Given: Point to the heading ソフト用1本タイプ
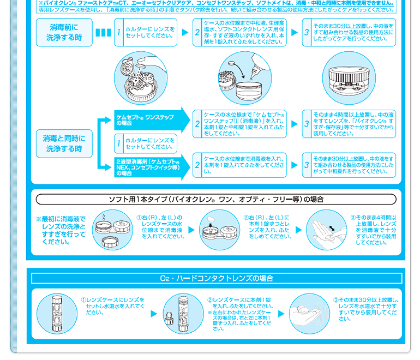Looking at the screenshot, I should [x=216, y=199].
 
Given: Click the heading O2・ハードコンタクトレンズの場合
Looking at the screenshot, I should [x=216, y=278].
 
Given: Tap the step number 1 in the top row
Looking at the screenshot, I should [x=118, y=33].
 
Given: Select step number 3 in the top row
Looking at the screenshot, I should [x=307, y=33].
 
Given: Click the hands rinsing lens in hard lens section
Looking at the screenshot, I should [x=308, y=313].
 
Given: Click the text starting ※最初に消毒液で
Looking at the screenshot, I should [x=61, y=230].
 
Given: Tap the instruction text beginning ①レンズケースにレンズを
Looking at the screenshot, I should [x=116, y=306].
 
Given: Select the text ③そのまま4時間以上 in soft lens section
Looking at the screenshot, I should [x=376, y=230].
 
